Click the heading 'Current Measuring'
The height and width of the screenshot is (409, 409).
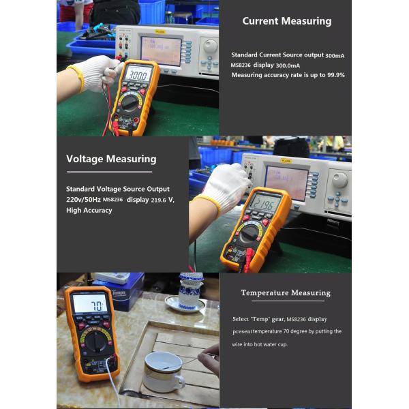click(286, 21)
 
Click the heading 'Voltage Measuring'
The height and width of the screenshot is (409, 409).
click(111, 159)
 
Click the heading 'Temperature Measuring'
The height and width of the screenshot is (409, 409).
click(286, 293)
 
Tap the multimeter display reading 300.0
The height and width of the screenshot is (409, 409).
click(137, 74)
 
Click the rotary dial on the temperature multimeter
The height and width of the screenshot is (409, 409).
click(96, 341)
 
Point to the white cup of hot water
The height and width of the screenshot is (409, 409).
click(162, 371)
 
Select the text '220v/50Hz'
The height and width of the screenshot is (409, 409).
click(83, 200)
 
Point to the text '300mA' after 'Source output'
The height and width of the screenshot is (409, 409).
click(335, 55)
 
